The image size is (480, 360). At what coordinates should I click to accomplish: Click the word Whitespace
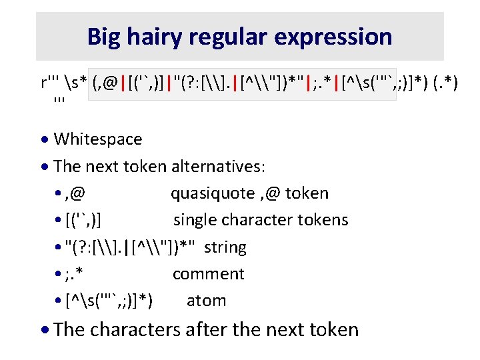97,139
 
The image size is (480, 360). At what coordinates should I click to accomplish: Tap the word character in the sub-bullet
255,220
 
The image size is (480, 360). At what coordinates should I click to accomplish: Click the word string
225,247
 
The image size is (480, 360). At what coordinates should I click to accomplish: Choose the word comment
208,274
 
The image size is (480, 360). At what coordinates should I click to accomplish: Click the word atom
206,301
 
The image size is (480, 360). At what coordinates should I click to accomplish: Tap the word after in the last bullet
219,329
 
